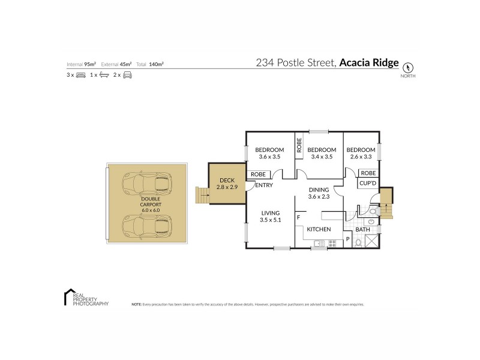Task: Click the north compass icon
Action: coord(410,67)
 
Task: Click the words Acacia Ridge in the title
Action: coord(369,62)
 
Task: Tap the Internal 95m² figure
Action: coord(82,64)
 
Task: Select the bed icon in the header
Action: coord(81,75)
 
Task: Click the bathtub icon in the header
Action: coord(104,75)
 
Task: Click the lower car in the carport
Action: coord(146,225)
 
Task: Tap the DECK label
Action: coord(226,180)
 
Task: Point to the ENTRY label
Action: coord(264,185)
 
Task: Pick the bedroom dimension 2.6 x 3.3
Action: coord(362,157)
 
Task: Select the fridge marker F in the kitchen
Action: coord(298,217)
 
